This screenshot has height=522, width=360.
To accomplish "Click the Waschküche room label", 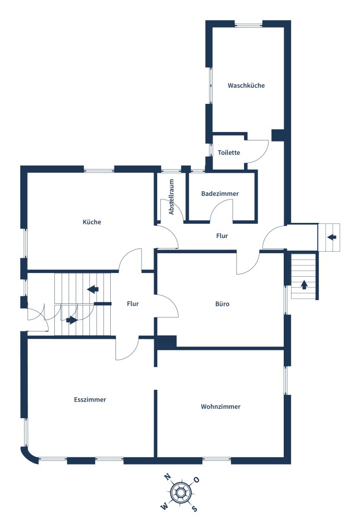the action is pos(246,86).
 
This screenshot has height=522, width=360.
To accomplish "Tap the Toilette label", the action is pos(229,152).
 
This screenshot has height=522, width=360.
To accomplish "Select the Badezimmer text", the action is pos(220,194).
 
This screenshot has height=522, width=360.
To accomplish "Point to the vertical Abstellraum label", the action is pos(171,197).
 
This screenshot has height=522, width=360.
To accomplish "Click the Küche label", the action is pos(91,222).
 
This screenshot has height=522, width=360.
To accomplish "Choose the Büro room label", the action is pos(222,304).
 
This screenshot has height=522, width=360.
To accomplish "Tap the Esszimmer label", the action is pos(90,399).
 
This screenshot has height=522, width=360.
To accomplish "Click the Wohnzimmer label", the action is pos(220,407).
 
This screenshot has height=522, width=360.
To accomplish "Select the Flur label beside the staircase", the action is pos(133,304).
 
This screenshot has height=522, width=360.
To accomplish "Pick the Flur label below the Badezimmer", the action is pos(222,236).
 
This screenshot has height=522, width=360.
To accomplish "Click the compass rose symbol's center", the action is pos(180,492).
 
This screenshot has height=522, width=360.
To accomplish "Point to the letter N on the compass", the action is pos(167,477).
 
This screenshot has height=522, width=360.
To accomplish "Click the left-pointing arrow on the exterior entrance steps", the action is pos(332,237).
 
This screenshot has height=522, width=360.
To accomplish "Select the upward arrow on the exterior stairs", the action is pos(304,285).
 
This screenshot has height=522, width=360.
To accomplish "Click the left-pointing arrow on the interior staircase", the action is pos(92,289).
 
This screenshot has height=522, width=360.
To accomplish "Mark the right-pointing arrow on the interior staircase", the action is pos(72,320).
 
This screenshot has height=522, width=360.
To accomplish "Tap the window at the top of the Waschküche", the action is pos(249,24).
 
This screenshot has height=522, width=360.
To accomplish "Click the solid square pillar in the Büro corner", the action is pos(167,342).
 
